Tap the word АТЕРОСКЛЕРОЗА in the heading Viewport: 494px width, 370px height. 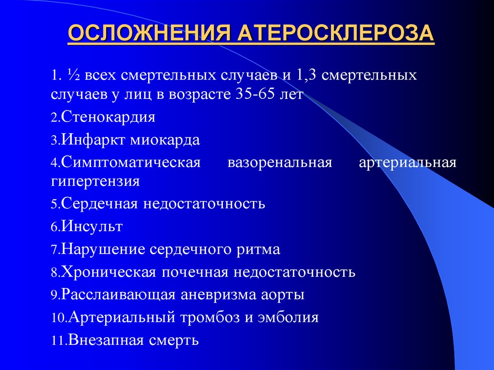[335, 35]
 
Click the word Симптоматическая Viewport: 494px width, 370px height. [131, 163]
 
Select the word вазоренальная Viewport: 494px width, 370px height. [280, 163]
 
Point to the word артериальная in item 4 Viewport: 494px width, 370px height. [407, 163]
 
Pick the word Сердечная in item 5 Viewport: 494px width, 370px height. [98, 204]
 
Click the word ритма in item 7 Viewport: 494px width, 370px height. [259, 249]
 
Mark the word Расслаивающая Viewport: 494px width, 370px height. [116, 294]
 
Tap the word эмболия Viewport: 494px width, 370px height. [291, 317]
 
